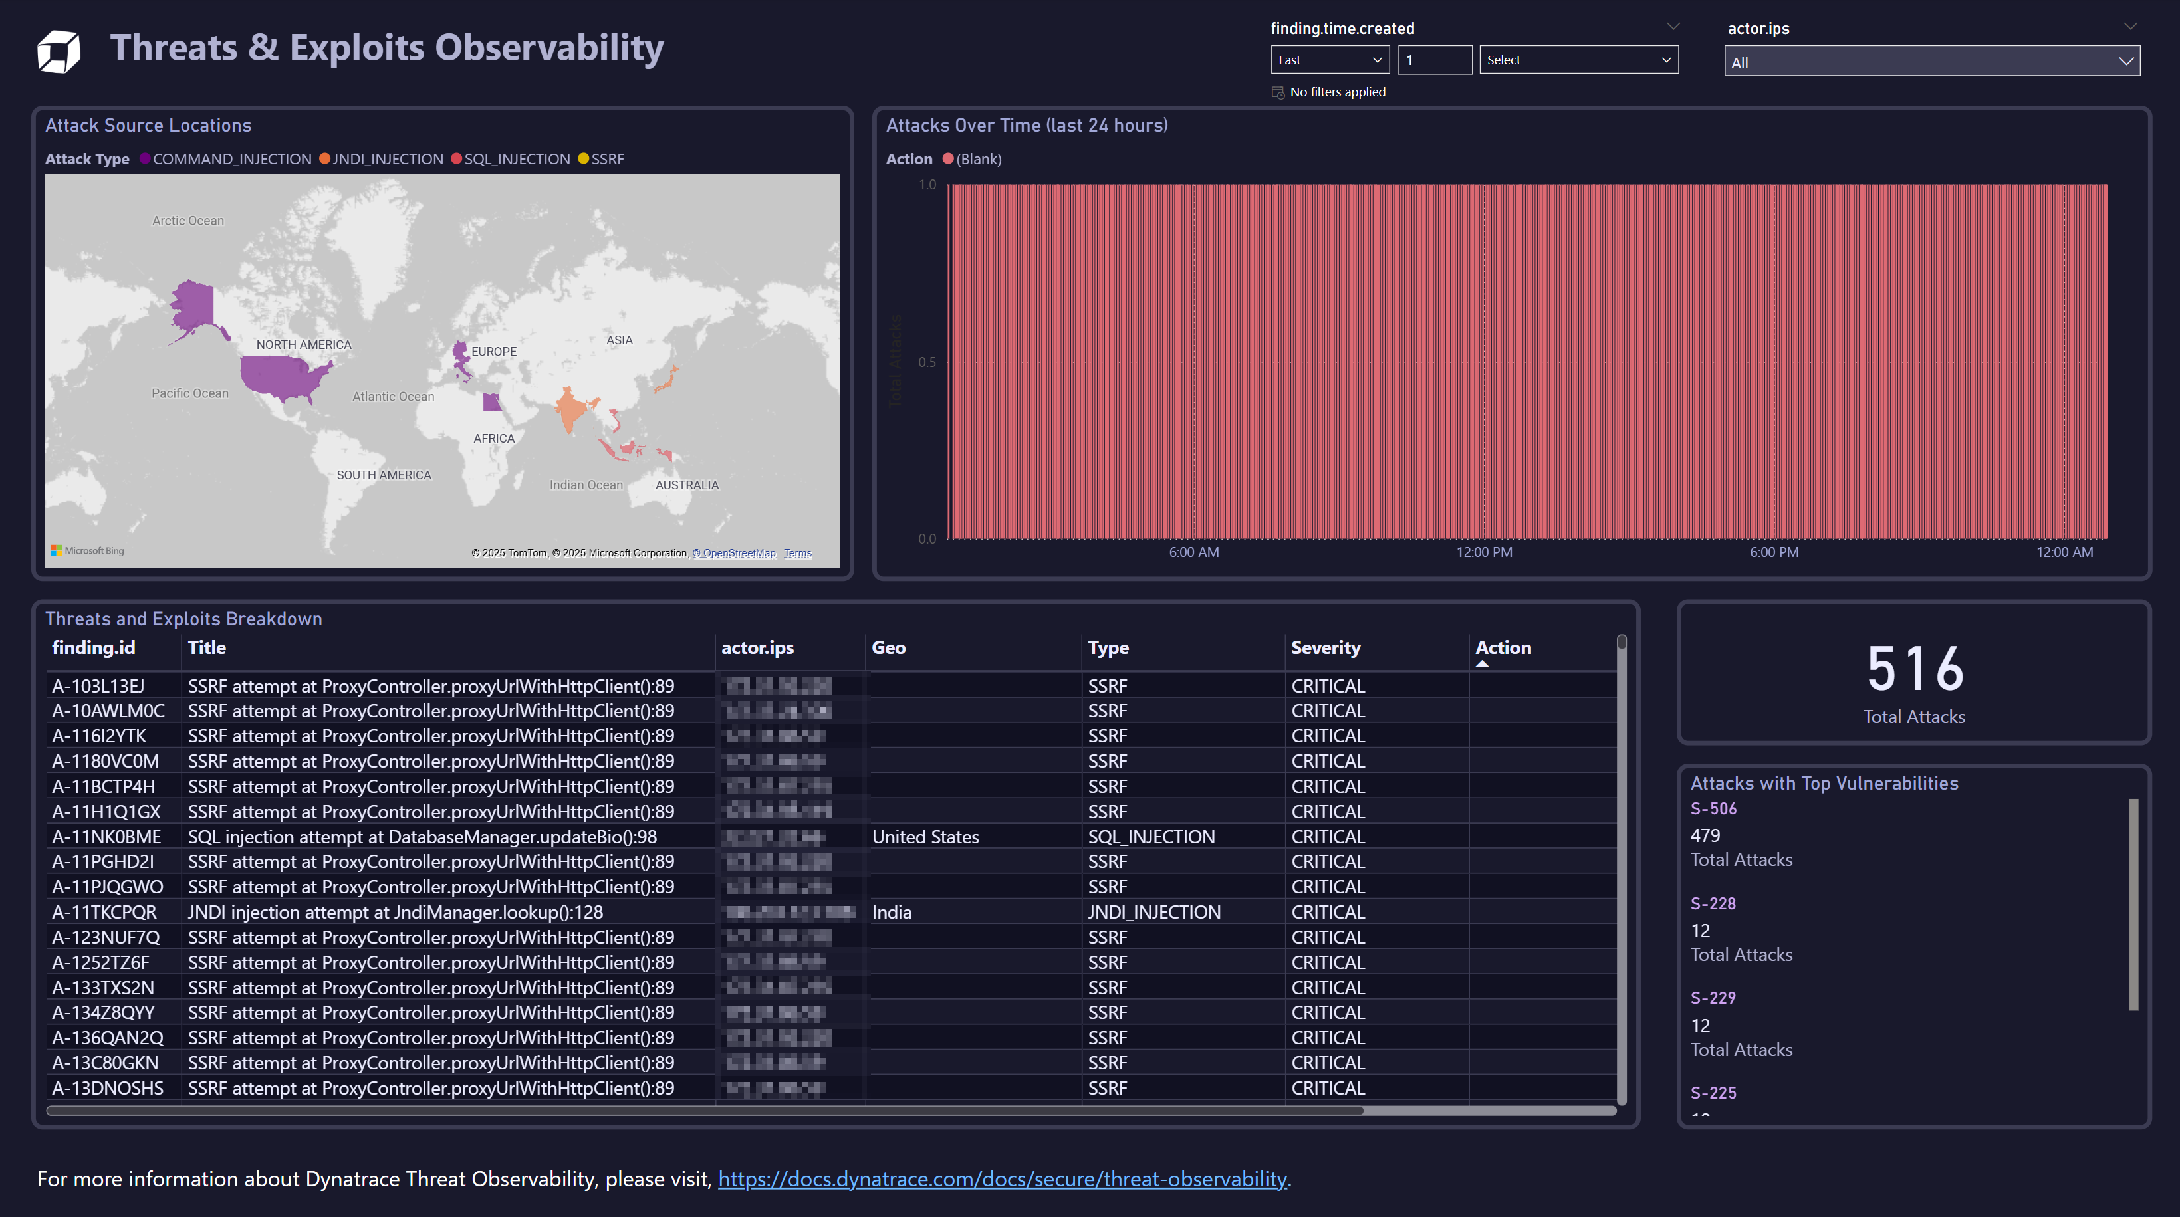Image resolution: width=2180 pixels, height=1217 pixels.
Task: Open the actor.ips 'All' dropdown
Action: pyautogui.click(x=1931, y=62)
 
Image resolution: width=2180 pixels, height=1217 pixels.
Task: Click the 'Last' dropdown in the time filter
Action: pyautogui.click(x=1330, y=60)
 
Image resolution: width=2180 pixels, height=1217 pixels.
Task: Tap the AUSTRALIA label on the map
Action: pyautogui.click(x=686, y=485)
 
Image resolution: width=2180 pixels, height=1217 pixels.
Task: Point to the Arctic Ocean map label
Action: pyautogui.click(x=188, y=221)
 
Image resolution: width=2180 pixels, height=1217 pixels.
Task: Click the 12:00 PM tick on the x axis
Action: pyautogui.click(x=1483, y=552)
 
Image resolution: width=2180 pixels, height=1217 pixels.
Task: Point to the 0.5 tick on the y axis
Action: pyautogui.click(x=927, y=362)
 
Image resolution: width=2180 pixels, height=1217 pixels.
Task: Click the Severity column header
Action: pyautogui.click(x=1325, y=647)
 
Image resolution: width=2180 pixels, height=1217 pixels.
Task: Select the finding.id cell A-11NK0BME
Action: pyautogui.click(x=106, y=837)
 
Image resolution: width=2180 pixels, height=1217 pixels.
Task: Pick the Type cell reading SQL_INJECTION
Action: pyautogui.click(x=1151, y=837)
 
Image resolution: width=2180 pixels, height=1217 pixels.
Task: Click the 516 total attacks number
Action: pyautogui.click(x=1914, y=669)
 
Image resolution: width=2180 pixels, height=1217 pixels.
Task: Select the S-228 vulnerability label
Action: pyautogui.click(x=1713, y=903)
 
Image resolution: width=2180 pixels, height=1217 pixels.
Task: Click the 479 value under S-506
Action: pyautogui.click(x=1705, y=835)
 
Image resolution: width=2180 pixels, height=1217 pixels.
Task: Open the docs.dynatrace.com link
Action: pyautogui.click(x=1002, y=1179)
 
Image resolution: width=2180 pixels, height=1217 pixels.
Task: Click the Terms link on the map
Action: pyautogui.click(x=797, y=554)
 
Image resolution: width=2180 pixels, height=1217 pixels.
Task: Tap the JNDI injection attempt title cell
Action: pyautogui.click(x=395, y=913)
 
